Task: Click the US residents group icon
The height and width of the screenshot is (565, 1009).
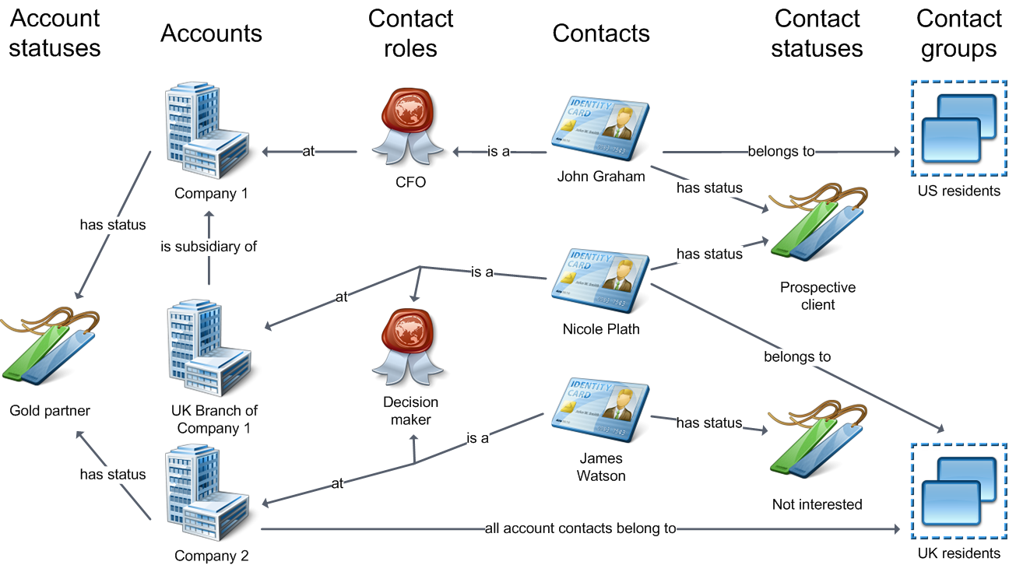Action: (957, 128)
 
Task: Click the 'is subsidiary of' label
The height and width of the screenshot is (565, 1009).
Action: (209, 246)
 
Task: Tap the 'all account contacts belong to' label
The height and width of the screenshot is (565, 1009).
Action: (580, 529)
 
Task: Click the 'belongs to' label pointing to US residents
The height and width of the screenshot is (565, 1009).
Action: (781, 152)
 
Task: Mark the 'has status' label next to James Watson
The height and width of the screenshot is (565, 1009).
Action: (708, 423)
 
